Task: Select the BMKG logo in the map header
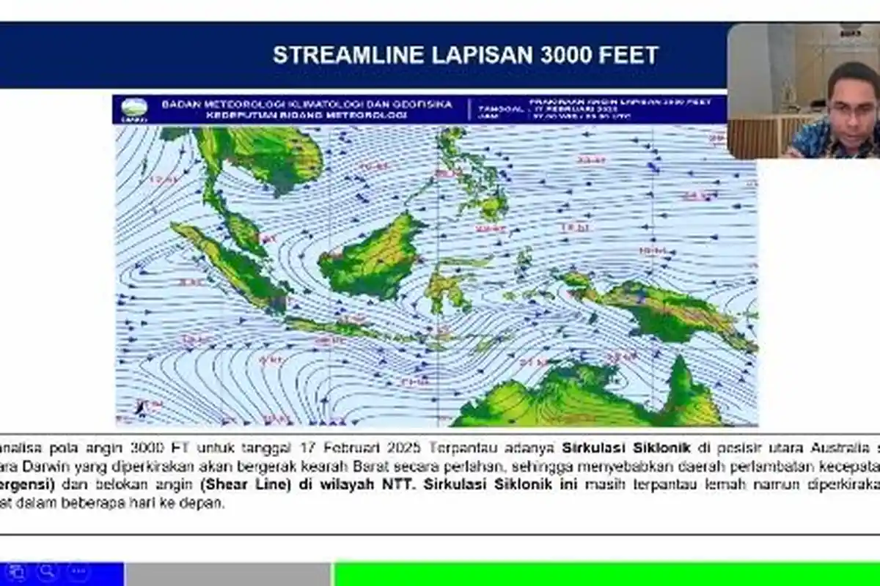[x=134, y=110]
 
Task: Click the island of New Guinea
[x=660, y=308]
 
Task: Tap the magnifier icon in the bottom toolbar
[x=48, y=571]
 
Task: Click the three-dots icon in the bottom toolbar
[x=78, y=571]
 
